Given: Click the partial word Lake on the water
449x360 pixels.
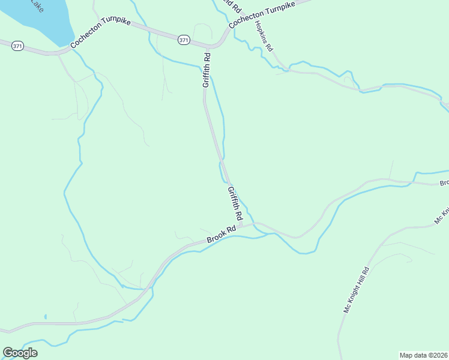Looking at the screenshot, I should (x=35, y=7).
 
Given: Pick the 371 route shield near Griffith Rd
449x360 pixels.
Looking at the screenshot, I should (x=184, y=40).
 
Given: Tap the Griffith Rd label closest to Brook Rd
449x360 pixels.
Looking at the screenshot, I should (x=235, y=202).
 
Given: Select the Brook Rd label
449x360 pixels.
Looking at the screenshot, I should (x=222, y=233).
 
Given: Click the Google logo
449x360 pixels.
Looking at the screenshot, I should (x=20, y=353).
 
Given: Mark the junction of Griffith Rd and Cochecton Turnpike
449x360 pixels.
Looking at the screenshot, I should (x=208, y=47).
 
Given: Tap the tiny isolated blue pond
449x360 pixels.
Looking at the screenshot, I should (x=45, y=316).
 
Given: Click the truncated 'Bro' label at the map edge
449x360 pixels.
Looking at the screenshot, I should (x=444, y=183).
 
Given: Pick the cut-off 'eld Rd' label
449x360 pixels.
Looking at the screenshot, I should (x=231, y=6).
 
